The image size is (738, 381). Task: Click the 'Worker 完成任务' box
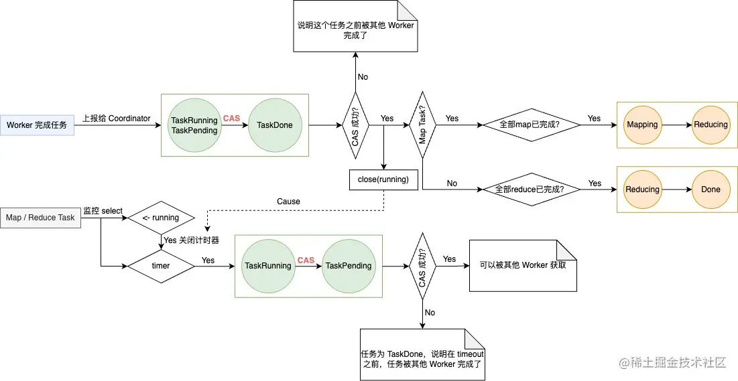37,125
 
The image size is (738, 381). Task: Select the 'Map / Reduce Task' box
40,218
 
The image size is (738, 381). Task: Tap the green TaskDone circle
275,125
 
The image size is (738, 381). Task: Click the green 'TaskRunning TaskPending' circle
194,125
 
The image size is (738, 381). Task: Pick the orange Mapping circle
642,125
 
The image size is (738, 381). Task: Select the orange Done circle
711,189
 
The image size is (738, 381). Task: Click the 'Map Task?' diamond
423,125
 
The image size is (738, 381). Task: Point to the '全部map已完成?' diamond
530,125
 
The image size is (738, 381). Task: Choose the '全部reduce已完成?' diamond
529,189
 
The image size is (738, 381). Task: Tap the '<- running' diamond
161,218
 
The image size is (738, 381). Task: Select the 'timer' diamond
161,266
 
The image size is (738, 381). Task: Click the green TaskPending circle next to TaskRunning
349,266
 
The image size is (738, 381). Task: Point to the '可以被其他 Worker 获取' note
523,265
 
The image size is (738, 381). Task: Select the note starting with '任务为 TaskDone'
422,354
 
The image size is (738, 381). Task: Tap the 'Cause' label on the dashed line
288,202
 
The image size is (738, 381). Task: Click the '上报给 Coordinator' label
117,119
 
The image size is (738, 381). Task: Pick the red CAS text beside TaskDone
231,119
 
